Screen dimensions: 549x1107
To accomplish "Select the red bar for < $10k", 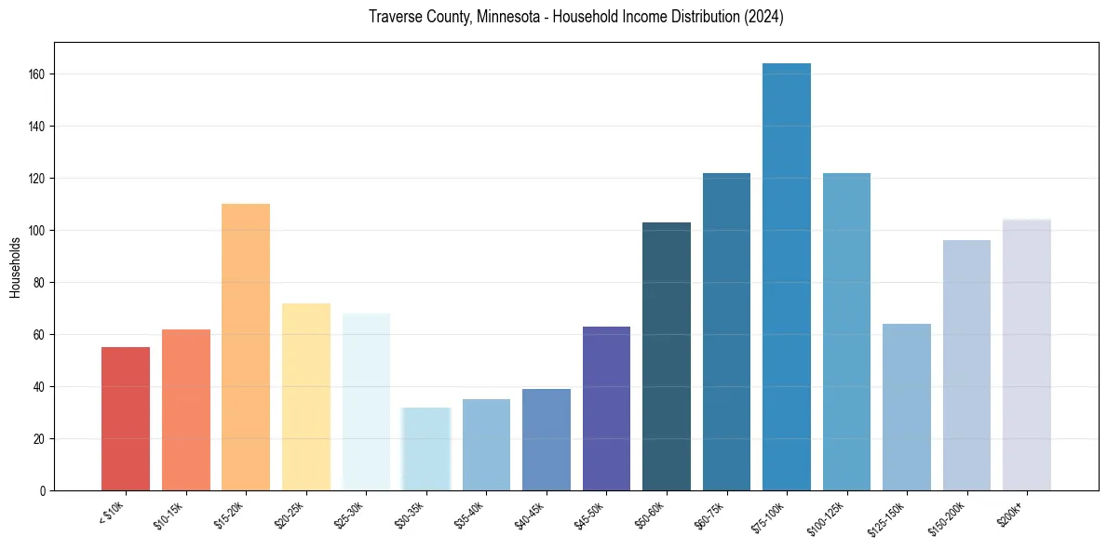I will (x=126, y=419).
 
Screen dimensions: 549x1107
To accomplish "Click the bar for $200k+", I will (x=1026, y=355).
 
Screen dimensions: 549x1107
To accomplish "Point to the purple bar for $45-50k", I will (x=606, y=408).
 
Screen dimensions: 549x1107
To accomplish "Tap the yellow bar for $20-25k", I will (x=305, y=396).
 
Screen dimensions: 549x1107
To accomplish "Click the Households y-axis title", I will (x=16, y=266).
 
